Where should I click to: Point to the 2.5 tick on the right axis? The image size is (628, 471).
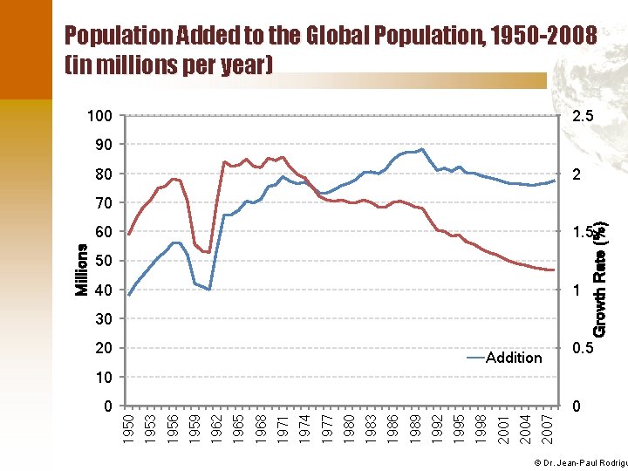point(582,116)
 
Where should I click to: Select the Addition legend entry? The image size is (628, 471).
point(514,357)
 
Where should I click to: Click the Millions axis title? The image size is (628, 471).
point(82,270)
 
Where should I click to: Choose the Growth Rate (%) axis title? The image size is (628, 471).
point(600,276)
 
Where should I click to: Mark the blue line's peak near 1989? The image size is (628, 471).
point(422,149)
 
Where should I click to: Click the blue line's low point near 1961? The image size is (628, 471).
point(209,289)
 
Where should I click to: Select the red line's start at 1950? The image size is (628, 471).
point(129,234)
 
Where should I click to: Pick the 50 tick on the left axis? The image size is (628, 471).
point(104,261)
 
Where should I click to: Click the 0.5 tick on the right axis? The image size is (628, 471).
point(582,348)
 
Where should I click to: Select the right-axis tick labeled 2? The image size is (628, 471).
point(576,174)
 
